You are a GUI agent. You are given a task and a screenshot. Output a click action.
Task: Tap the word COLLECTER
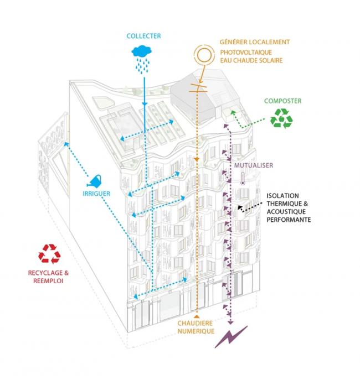(143, 36)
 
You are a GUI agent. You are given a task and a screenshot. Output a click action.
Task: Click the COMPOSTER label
(282, 101)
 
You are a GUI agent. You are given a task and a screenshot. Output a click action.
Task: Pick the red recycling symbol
(49, 254)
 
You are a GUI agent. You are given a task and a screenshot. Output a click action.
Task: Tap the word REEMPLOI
(49, 280)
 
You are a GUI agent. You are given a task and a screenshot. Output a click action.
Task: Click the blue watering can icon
(96, 181)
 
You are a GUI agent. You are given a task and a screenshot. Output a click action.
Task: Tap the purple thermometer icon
(243, 180)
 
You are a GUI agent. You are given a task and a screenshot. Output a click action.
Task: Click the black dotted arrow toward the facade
(249, 205)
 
